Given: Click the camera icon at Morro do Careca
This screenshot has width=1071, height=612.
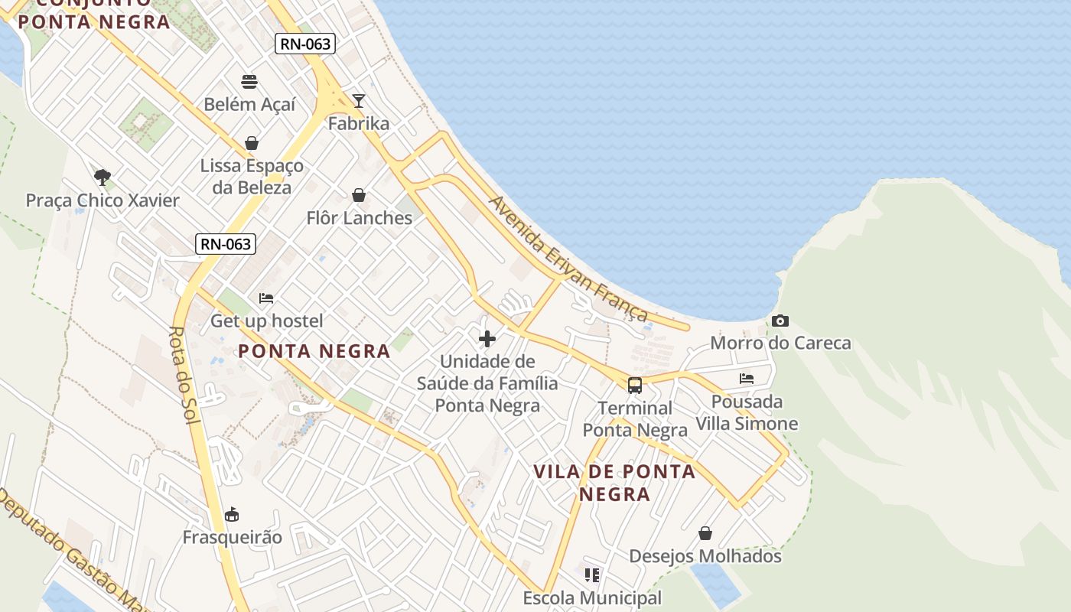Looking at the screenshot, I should coord(780,321).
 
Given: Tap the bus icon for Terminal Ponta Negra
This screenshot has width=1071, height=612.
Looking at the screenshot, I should coord(635,385).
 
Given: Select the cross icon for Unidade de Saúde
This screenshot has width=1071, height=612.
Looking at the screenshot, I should coord(487,338).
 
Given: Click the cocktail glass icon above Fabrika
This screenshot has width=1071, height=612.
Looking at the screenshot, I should coord(358,100).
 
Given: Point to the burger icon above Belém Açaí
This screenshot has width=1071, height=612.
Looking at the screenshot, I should coord(249,81).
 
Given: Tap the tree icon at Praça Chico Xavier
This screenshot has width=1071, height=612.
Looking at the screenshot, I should coord(103,177).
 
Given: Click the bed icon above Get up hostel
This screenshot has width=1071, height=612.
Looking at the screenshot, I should coord(266,298).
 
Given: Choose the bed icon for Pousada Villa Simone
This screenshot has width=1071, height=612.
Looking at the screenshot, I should coord(747,378).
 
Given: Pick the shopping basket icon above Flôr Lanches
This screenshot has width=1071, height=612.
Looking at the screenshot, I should coord(359,195).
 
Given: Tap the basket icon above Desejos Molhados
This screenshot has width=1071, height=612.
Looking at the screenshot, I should coord(705,532).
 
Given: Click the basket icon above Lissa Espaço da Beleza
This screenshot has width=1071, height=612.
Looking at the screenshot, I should coord(251,143).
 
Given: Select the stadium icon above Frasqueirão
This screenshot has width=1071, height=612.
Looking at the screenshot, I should coord(232,514).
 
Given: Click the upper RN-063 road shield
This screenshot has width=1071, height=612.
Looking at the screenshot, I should coord(305,44).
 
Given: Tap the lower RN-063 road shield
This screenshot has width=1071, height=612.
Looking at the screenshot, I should coord(225,244).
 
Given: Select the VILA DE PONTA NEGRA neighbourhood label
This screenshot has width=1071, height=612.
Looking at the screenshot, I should coord(615,483).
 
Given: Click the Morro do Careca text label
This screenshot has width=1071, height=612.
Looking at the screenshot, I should coord(780,343).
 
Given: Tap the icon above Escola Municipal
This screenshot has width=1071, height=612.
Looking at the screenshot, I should coord(591,575).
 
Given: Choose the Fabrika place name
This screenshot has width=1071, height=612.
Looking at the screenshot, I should coord(358,123).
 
